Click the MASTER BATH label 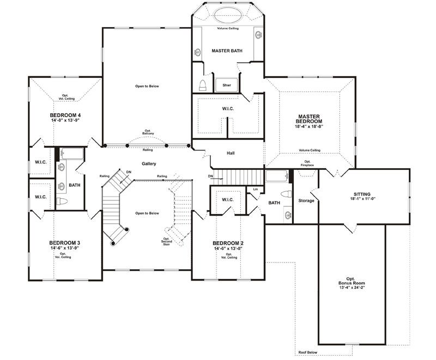pos(227,51)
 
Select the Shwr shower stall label pos(227,85)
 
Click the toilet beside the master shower pos(203,86)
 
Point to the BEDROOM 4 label pos(65,115)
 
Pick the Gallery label pos(149,163)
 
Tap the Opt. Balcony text pos(148,132)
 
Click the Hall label pos(231,153)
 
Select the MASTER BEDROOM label pos(309,119)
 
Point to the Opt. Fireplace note pos(307,163)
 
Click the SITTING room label pos(362,194)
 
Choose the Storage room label pos(306,200)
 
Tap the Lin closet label pos(256,189)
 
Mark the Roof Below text pos(307,352)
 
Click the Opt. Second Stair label pos(167,241)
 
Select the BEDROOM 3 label pos(64,243)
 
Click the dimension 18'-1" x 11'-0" pos(362,199)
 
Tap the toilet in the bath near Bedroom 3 pos(62,201)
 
